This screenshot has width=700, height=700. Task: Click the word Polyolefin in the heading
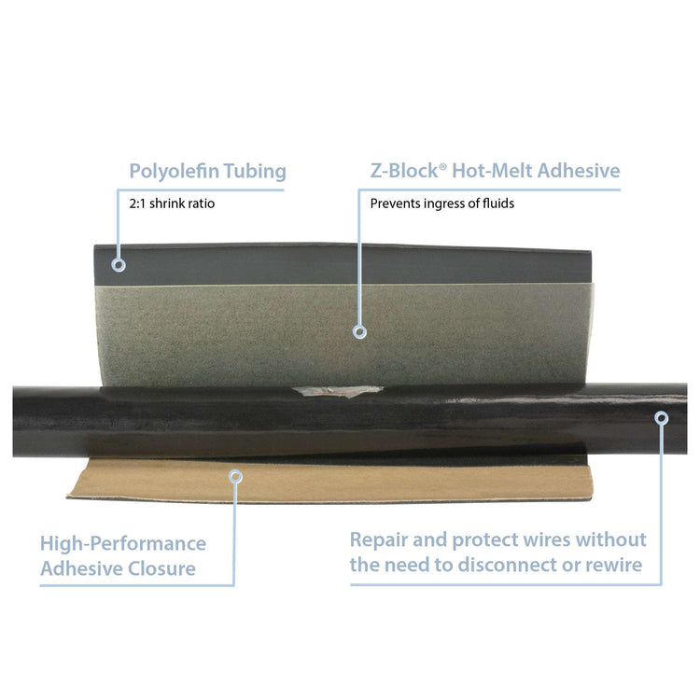tap(174, 172)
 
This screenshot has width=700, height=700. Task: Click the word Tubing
tap(255, 172)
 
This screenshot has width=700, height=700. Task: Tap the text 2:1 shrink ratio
tap(172, 203)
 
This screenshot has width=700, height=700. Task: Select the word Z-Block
tap(404, 171)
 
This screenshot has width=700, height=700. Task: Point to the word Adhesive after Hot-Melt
tap(579, 171)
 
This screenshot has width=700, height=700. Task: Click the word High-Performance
tap(123, 544)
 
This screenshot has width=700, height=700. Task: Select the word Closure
tap(161, 568)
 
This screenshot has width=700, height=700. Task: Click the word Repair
tap(379, 540)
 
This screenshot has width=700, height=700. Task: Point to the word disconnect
tap(507, 566)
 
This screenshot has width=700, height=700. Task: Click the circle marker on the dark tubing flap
tap(119, 265)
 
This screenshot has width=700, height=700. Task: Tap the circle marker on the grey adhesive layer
tap(360, 331)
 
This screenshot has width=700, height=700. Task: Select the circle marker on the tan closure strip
tap(236, 476)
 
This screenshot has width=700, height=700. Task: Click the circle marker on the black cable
tap(662, 418)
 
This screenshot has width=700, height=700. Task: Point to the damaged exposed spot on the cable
tap(337, 391)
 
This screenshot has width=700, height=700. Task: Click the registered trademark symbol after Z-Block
tap(442, 166)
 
